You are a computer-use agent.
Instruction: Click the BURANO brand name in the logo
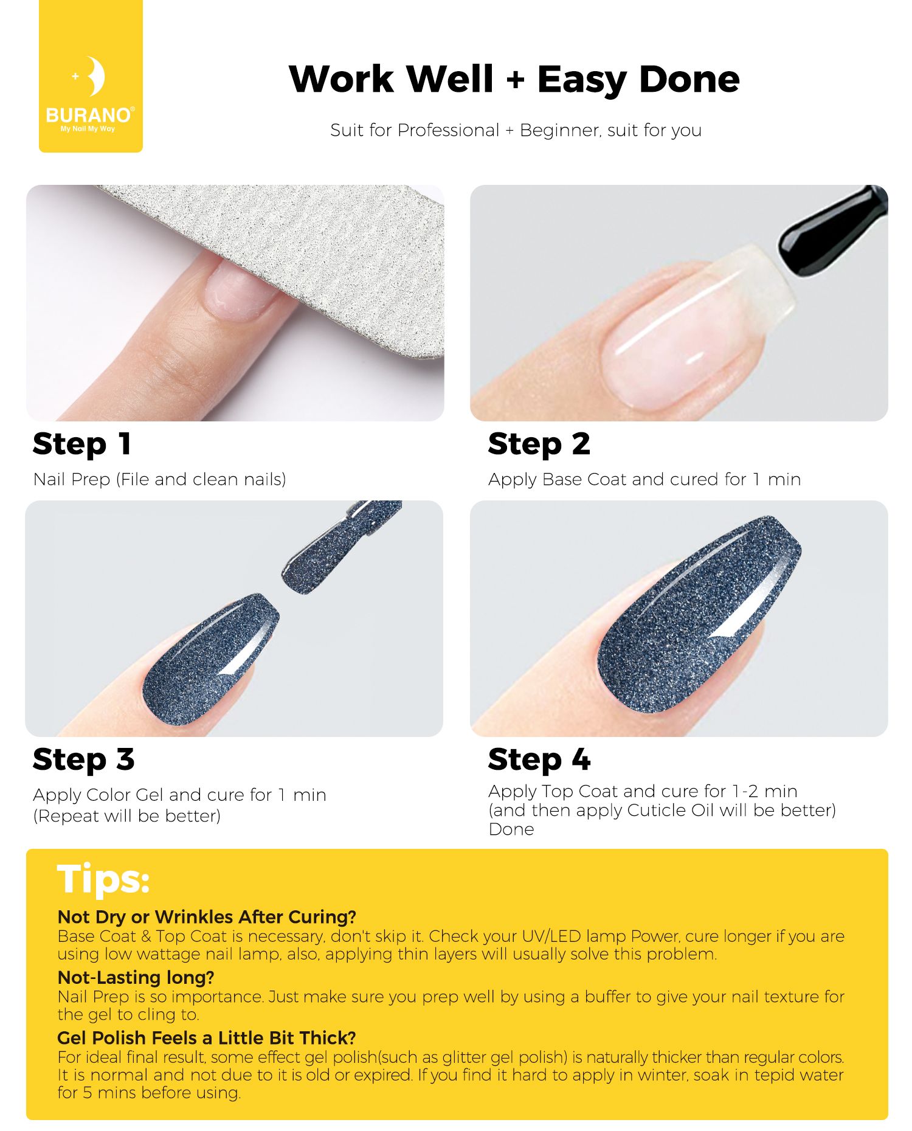(x=89, y=115)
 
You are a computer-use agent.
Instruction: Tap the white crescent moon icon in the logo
(x=95, y=77)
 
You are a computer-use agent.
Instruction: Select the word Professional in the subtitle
(x=448, y=130)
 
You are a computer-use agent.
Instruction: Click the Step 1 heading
(x=82, y=444)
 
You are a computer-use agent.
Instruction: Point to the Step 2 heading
(x=539, y=444)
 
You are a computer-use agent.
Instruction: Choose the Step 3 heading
(x=83, y=759)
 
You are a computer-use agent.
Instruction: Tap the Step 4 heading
(x=539, y=759)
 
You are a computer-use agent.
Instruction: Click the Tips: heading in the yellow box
(x=103, y=879)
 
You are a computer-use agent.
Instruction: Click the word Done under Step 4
(x=511, y=829)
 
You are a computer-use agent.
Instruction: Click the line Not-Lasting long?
(x=136, y=978)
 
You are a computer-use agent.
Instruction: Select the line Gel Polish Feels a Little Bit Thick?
(x=207, y=1038)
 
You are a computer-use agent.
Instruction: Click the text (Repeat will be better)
(x=127, y=816)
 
